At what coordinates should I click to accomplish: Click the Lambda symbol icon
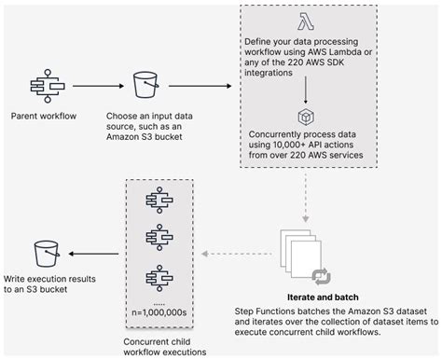pyautogui.click(x=305, y=21)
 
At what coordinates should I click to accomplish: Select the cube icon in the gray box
pyautogui.click(x=305, y=119)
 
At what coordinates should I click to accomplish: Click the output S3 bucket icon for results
pyautogui.click(x=44, y=252)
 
